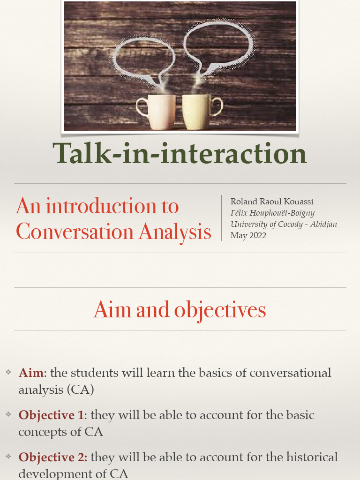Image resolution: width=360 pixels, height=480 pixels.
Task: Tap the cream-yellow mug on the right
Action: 196,112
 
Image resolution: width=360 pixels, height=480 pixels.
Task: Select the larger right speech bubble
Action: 218,45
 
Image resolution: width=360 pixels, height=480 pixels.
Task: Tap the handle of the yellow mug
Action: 217,107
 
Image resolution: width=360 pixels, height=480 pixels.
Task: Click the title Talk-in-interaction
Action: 180,154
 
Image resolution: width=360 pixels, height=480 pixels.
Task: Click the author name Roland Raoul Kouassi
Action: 272,202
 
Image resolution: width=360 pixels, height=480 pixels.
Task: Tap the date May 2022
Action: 248,235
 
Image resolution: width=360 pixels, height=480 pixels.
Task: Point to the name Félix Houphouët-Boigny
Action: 272,213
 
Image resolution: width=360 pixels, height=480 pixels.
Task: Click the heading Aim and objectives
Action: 180,310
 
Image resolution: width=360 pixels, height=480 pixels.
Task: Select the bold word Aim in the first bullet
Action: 31,373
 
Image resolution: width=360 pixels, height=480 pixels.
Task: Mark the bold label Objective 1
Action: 51,415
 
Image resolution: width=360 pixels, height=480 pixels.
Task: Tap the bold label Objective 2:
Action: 53,457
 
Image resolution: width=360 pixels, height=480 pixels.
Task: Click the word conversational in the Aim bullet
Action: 290,373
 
